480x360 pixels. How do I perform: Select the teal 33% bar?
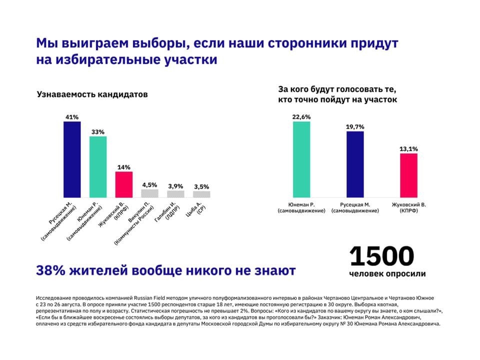[x=98, y=166]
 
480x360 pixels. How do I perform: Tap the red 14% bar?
[x=124, y=184]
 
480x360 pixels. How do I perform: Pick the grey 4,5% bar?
[x=149, y=193]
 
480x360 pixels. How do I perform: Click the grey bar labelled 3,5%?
[x=201, y=194]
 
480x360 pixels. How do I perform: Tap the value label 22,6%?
[x=301, y=117]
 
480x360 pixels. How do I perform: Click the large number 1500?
[x=382, y=256]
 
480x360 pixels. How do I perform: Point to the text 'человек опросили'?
[x=387, y=274]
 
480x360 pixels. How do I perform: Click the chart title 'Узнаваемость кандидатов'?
[x=92, y=94]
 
